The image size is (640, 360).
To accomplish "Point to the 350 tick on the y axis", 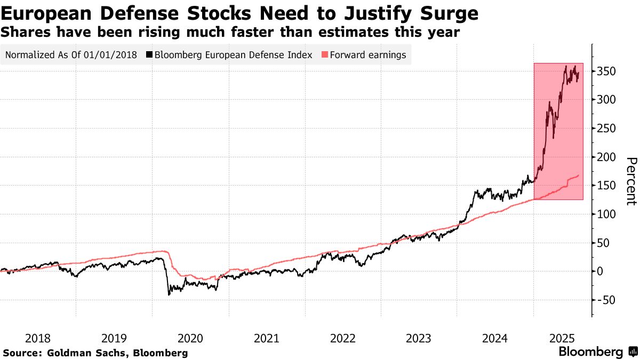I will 608,71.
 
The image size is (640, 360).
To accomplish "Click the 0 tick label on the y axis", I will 602,271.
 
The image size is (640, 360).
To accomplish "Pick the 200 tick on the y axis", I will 608,157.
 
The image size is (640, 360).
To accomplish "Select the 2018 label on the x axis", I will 37,338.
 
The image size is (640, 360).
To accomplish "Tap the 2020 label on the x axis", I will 190,338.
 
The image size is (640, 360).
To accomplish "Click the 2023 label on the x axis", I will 419,338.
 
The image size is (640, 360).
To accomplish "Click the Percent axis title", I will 631,181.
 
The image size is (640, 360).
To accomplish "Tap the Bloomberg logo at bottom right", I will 597,352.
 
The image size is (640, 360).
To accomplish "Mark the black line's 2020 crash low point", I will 169,294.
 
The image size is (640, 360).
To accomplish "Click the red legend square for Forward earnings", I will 325,54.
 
